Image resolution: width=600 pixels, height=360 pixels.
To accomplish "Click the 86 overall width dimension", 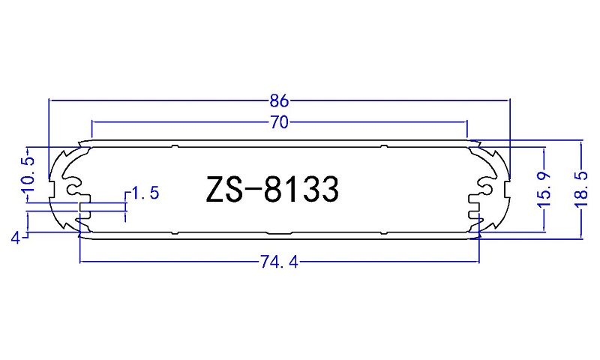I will click(x=279, y=99).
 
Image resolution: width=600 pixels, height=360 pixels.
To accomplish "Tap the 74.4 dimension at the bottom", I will click(x=279, y=262).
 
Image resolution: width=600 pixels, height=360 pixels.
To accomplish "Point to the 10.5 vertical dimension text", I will click(x=28, y=173).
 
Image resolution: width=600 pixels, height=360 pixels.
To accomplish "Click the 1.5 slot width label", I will click(x=145, y=193).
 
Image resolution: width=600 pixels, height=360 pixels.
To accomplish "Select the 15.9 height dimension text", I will click(x=545, y=189).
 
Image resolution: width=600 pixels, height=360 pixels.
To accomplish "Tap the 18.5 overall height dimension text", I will click(x=583, y=189).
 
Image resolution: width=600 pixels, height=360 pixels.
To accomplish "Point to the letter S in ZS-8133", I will click(x=235, y=189).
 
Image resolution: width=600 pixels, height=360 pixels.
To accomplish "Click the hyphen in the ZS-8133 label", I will click(x=255, y=190).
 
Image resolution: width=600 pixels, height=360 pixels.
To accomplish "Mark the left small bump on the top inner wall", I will click(x=174, y=147).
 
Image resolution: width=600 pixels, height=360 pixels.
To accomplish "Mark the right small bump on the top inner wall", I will click(x=383, y=147).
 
